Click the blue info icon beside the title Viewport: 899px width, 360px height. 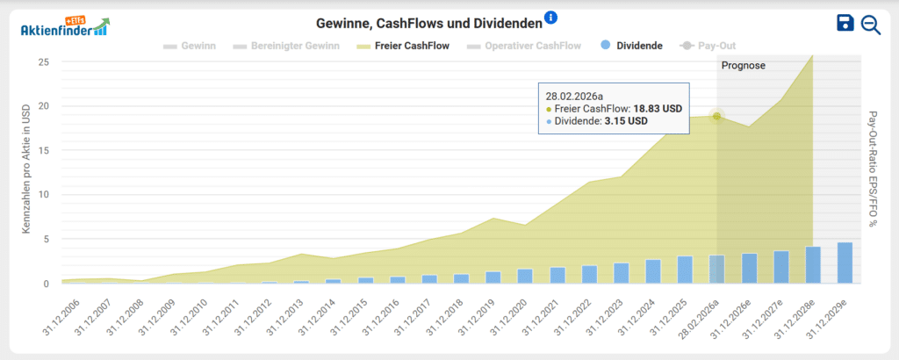pyautogui.click(x=550, y=18)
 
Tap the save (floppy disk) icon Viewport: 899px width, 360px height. pyautogui.click(x=845, y=24)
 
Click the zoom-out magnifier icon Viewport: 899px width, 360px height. pyautogui.click(x=871, y=25)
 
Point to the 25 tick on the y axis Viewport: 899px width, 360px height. pyautogui.click(x=43, y=62)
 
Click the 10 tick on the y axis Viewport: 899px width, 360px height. pyautogui.click(x=43, y=195)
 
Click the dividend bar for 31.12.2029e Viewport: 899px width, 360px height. pyautogui.click(x=845, y=263)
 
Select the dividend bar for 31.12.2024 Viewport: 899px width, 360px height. pyautogui.click(x=653, y=271)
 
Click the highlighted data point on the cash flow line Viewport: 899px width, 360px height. pyautogui.click(x=717, y=116)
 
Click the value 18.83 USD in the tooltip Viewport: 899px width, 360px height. pyautogui.click(x=658, y=109)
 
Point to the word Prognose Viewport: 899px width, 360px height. pyautogui.click(x=744, y=66)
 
